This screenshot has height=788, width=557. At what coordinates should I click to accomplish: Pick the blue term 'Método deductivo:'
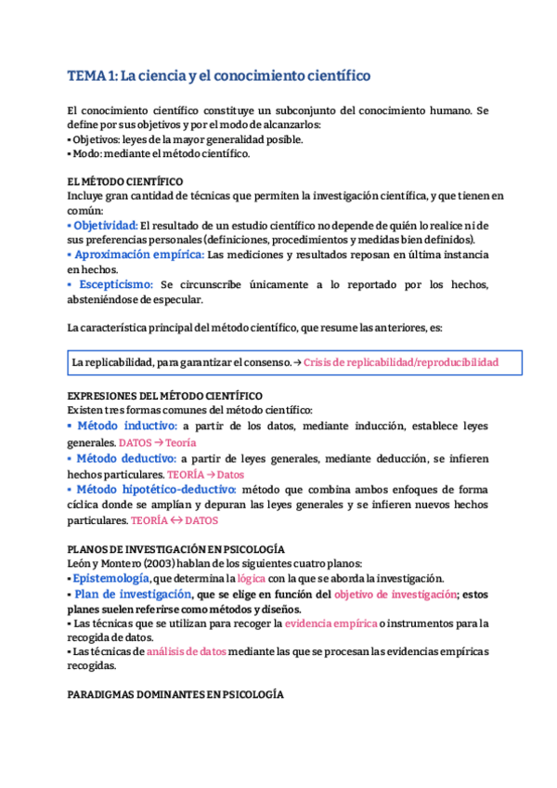[x=125, y=458]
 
